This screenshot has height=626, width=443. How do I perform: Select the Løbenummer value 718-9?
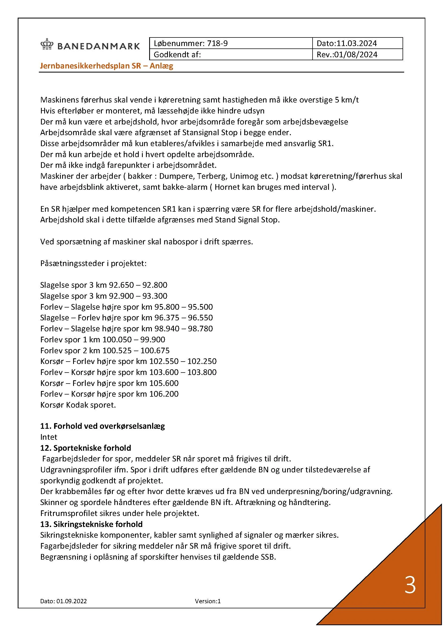(x=217, y=43)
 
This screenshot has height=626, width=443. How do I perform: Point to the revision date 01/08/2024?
(x=356, y=55)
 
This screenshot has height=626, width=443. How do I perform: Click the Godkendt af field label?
(x=177, y=55)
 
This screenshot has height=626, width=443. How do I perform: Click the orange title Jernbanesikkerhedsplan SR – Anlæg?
(x=107, y=66)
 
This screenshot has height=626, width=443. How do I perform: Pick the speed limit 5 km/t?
(x=346, y=100)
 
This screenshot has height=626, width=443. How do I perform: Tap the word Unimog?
(x=244, y=176)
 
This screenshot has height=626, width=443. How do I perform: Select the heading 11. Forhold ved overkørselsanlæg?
(x=103, y=426)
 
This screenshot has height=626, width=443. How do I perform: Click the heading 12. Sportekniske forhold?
(x=86, y=448)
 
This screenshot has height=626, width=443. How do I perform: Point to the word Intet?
(x=49, y=437)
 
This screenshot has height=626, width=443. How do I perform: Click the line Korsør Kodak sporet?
(x=78, y=405)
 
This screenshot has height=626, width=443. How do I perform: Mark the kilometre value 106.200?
(x=164, y=394)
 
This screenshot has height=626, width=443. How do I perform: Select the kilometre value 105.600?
(x=164, y=383)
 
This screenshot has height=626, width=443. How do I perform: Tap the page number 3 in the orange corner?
(x=410, y=585)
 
